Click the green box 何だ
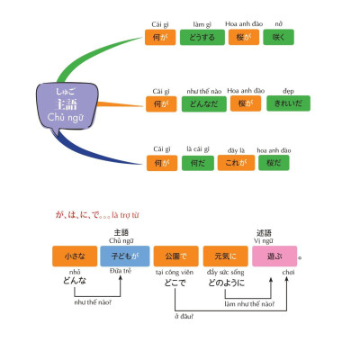pos(198,163)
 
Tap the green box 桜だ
pos(274,163)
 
